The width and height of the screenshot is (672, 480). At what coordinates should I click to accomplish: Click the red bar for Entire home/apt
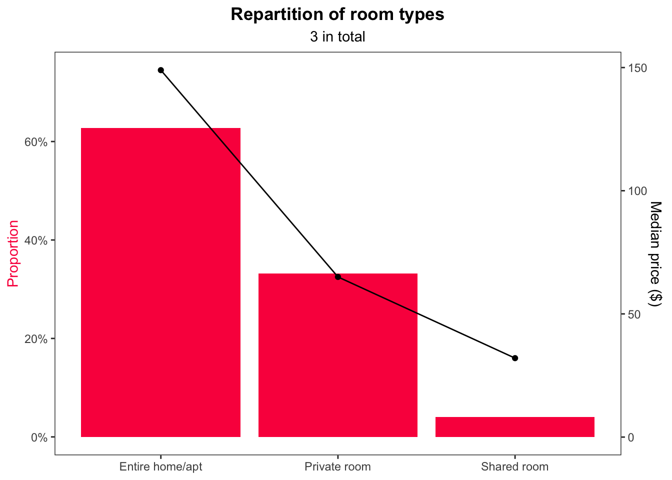(x=160, y=282)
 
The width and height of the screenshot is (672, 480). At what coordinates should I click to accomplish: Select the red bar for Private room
(x=338, y=355)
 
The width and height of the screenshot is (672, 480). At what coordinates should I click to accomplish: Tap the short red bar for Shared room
(x=515, y=427)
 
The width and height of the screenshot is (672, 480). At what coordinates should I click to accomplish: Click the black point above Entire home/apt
(x=161, y=70)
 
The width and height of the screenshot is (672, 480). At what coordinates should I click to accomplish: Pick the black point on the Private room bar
(x=338, y=277)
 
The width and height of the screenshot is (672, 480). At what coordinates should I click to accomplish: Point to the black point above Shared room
(x=515, y=358)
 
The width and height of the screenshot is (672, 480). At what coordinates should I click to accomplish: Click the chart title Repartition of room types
(x=337, y=14)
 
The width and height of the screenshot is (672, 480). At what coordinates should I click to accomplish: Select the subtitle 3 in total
(x=337, y=36)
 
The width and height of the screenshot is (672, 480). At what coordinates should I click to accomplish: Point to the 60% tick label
(x=35, y=142)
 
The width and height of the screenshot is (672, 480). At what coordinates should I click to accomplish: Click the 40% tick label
(x=35, y=240)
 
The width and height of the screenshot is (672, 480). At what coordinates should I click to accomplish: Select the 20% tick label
(x=35, y=339)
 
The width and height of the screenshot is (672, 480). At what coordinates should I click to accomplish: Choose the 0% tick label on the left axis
(x=39, y=437)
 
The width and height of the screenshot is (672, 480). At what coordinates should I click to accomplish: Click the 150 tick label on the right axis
(x=637, y=68)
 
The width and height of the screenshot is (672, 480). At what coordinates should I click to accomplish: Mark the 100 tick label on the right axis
(x=637, y=191)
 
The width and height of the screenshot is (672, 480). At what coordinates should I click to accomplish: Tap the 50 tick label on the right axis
(x=634, y=314)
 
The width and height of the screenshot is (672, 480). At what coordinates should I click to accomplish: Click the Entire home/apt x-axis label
(x=161, y=467)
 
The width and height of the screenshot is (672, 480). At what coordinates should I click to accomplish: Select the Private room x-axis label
(x=338, y=467)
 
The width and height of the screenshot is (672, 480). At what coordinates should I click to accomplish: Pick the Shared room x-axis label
(x=515, y=467)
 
